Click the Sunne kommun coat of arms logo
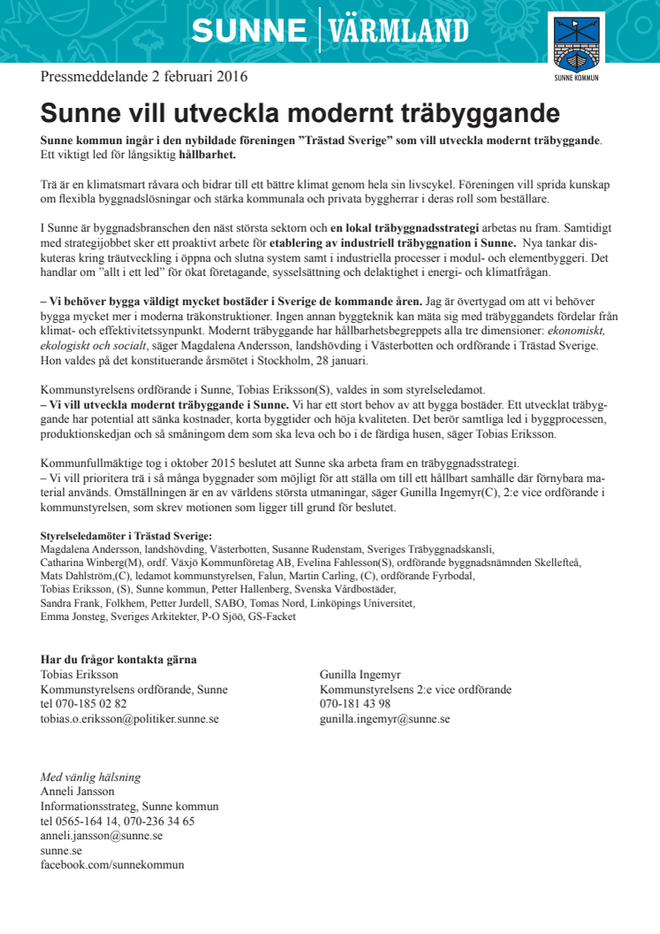576,42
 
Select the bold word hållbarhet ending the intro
208,155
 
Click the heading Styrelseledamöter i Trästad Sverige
127,537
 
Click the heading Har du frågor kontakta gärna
119,659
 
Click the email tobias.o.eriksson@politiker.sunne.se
130,719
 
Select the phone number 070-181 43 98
356,704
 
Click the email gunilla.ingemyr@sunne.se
385,719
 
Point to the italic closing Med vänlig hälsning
90,777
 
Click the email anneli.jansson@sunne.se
102,835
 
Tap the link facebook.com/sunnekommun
112,864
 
